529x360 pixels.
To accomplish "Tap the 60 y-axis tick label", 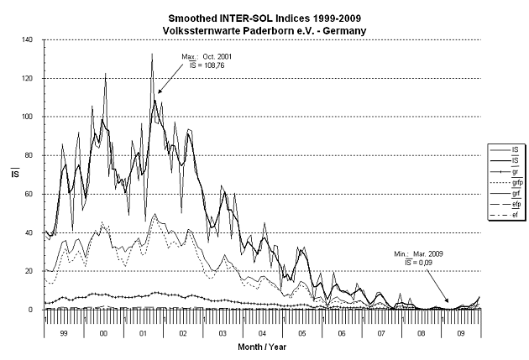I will (29, 194).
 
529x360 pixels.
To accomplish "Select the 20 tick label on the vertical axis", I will (29, 271).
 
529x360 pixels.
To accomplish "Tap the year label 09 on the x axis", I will (462, 333).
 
